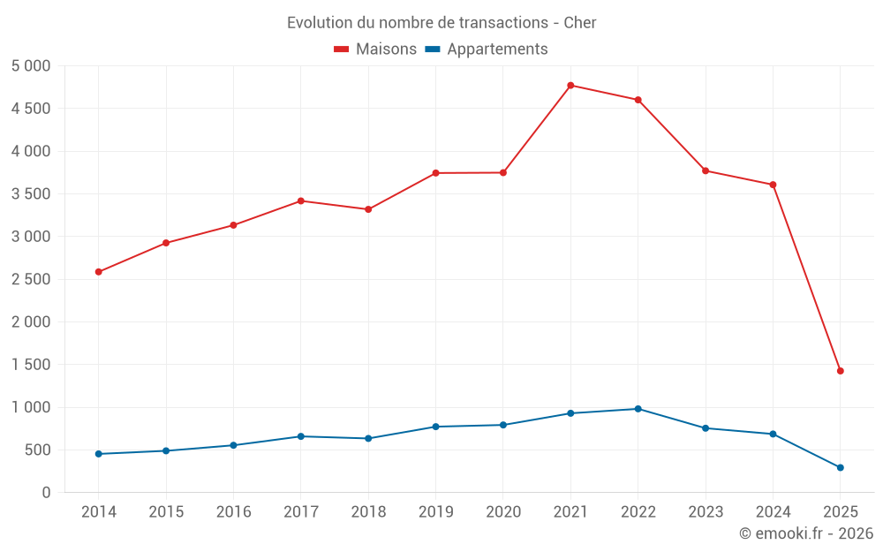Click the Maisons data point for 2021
[570, 86]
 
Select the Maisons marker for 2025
[841, 371]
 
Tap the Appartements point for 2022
[638, 409]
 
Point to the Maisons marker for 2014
[98, 272]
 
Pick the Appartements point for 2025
[841, 468]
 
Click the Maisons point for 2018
[368, 209]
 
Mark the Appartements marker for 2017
[300, 436]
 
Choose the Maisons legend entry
[375, 49]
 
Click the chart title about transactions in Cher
[441, 23]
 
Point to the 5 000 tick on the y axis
[32, 66]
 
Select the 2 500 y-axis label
[32, 279]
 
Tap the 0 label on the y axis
[46, 493]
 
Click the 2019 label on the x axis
[435, 512]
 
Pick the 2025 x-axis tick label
[841, 512]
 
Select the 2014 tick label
[98, 512]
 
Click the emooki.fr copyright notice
[806, 533]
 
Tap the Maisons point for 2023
[706, 170]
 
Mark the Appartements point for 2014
[98, 454]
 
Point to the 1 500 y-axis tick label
[32, 365]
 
